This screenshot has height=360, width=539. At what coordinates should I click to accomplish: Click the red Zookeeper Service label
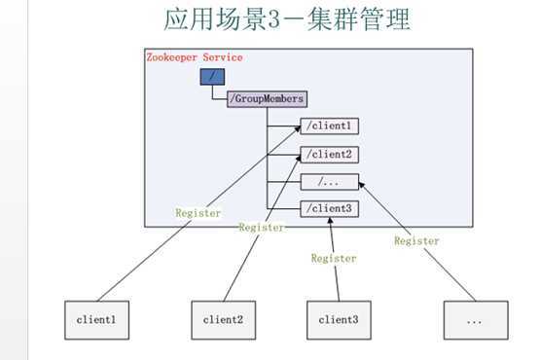(194, 57)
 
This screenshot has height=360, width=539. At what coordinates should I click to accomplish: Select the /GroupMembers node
(268, 98)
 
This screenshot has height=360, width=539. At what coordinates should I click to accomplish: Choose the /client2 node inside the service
(330, 154)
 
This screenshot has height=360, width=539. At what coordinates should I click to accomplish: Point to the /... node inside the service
(330, 181)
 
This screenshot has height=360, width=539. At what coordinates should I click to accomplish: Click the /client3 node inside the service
(330, 207)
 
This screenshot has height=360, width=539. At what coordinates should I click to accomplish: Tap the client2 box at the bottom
(222, 318)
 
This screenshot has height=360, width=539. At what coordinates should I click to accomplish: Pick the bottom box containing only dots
(474, 318)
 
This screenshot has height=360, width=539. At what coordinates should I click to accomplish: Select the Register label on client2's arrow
(262, 227)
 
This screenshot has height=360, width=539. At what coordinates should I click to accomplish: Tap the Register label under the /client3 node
(334, 259)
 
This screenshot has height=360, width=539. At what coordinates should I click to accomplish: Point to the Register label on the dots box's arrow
(416, 240)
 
